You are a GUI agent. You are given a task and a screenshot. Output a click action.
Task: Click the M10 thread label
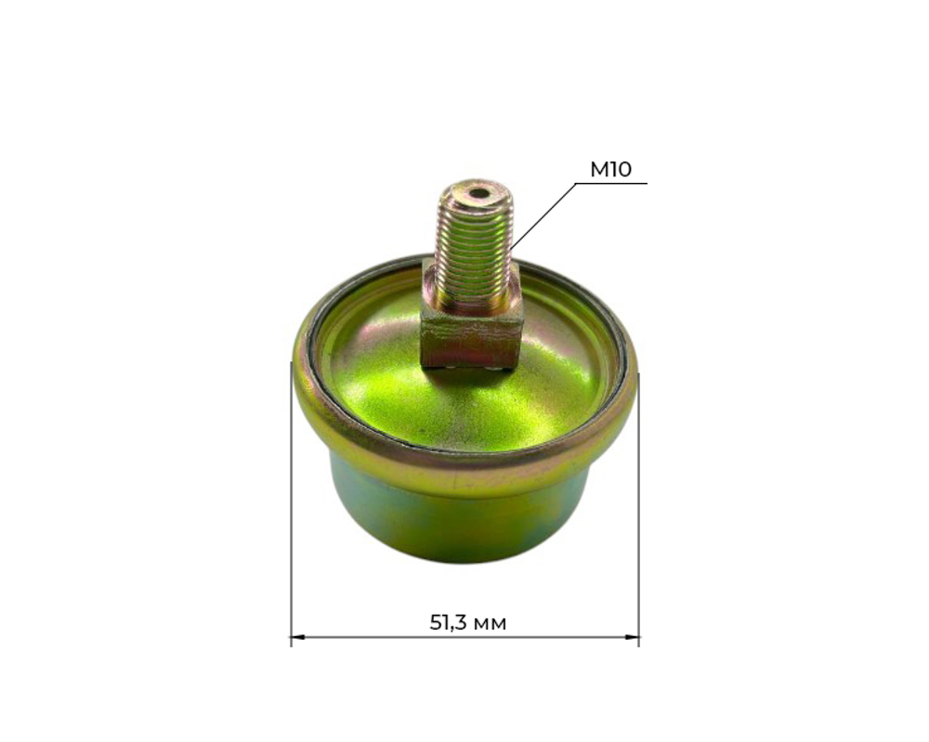(x=610, y=169)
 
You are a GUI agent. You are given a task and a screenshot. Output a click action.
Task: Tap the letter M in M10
(x=598, y=169)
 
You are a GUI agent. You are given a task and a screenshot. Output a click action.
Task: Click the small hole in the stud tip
(x=478, y=194)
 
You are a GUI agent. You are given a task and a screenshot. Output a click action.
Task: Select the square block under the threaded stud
(x=470, y=334)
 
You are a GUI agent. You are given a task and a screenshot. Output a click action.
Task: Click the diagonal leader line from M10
(x=543, y=215)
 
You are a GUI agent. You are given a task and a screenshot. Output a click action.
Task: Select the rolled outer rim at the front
(x=464, y=469)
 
